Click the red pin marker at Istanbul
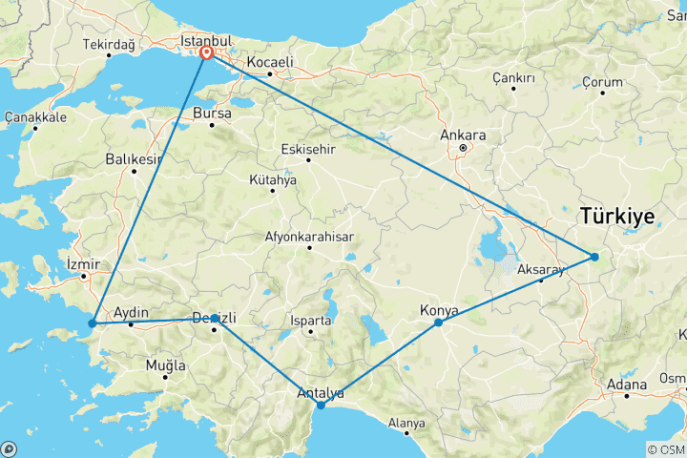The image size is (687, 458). (206, 54)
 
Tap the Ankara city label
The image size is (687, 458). (463, 135)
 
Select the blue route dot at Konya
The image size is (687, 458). (438, 323)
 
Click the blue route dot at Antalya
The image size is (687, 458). (321, 406)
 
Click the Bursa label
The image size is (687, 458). (212, 113)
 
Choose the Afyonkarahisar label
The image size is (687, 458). (309, 238)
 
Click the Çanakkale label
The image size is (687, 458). (35, 116)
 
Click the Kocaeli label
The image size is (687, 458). (270, 62)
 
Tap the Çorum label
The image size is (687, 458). (602, 83)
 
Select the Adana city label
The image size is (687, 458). (626, 385)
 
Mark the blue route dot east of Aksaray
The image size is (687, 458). (593, 257)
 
